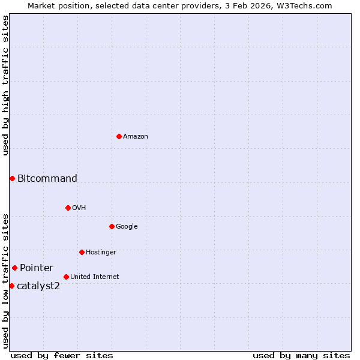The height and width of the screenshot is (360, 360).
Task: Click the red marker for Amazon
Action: [119, 136]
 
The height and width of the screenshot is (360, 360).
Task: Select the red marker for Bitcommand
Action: [12, 178]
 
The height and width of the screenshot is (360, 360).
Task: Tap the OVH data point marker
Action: [68, 208]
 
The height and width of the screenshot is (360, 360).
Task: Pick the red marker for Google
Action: [112, 226]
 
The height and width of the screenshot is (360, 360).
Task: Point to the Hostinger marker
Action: [82, 252]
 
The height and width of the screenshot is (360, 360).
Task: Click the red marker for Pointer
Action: [14, 268]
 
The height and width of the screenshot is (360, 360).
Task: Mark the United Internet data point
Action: [66, 277]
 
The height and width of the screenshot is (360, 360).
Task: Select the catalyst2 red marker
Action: [11, 286]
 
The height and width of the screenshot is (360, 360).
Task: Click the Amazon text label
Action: [136, 137]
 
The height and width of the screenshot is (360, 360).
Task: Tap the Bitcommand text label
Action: [47, 178]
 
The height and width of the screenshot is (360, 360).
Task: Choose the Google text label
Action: [127, 227]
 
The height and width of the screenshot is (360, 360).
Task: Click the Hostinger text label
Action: [101, 253]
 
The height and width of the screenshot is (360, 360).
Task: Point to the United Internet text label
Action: [95, 277]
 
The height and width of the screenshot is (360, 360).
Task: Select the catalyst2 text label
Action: [38, 286]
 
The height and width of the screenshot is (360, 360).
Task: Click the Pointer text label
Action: [37, 268]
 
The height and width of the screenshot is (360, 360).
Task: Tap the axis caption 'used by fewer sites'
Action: [62, 355]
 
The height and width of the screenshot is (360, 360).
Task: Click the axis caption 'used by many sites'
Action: [301, 355]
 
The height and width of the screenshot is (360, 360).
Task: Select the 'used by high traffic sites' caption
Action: [5, 85]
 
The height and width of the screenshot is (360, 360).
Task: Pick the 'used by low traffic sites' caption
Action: [5, 281]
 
